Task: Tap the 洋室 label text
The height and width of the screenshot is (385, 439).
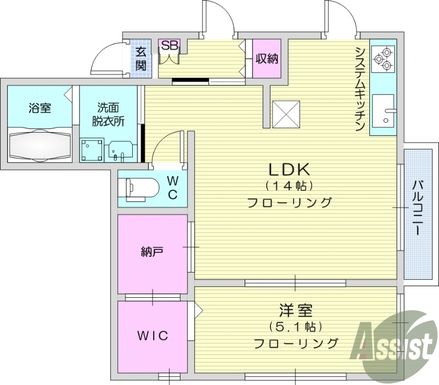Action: [295, 311]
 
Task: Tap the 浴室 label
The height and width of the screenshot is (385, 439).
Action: [40, 107]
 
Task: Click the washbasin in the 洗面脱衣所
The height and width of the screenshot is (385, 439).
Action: [120, 149]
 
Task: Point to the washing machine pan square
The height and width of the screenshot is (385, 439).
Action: [92, 149]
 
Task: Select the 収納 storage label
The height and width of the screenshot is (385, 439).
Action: [267, 58]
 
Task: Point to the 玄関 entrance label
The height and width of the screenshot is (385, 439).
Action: [141, 59]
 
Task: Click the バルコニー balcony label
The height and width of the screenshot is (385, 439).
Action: [419, 207]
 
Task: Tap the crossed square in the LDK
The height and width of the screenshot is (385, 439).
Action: [286, 114]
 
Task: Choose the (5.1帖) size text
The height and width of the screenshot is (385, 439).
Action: [295, 327]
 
